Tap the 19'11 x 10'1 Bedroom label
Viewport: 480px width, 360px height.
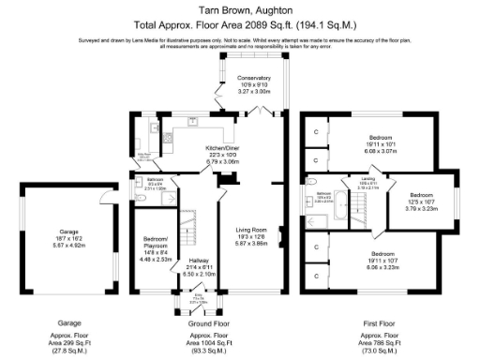[381, 142]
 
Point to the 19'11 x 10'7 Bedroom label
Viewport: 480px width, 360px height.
[381, 259]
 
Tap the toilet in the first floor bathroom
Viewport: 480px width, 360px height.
[310, 182]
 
